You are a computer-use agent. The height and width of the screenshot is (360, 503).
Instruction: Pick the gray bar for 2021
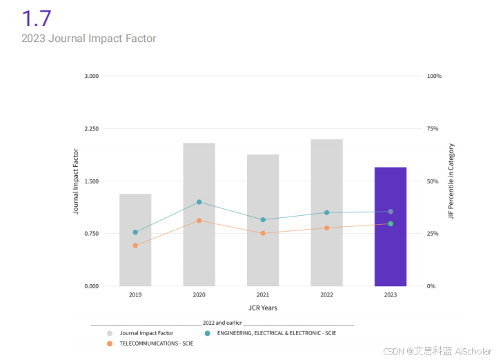pos(263,220)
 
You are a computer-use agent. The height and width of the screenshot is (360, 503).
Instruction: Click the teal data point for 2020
pos(199,202)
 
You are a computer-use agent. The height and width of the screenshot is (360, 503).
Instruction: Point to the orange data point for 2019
pos(135,246)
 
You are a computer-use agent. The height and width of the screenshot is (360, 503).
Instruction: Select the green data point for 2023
pos(391,223)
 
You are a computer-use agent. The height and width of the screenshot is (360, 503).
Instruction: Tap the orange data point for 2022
pos(326,228)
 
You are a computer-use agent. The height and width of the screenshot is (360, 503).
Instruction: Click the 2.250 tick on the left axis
pos(91,129)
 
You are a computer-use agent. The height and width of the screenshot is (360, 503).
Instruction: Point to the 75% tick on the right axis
pos(433,129)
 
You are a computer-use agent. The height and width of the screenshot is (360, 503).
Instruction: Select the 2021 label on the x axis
pos(263,295)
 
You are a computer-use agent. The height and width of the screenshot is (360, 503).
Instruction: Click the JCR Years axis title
pos(263,308)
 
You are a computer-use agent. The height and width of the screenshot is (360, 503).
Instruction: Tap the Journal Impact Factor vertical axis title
pos(77,181)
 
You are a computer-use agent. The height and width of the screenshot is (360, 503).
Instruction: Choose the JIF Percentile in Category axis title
pos(451,181)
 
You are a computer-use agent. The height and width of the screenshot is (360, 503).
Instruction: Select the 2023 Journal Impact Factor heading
pos(89,39)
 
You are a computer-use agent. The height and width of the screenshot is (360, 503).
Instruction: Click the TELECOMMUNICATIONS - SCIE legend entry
pos(156,343)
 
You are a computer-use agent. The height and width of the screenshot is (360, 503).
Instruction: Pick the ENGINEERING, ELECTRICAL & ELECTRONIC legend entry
pos(276,333)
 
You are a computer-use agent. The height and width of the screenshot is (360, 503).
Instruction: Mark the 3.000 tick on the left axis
pos(91,76)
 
